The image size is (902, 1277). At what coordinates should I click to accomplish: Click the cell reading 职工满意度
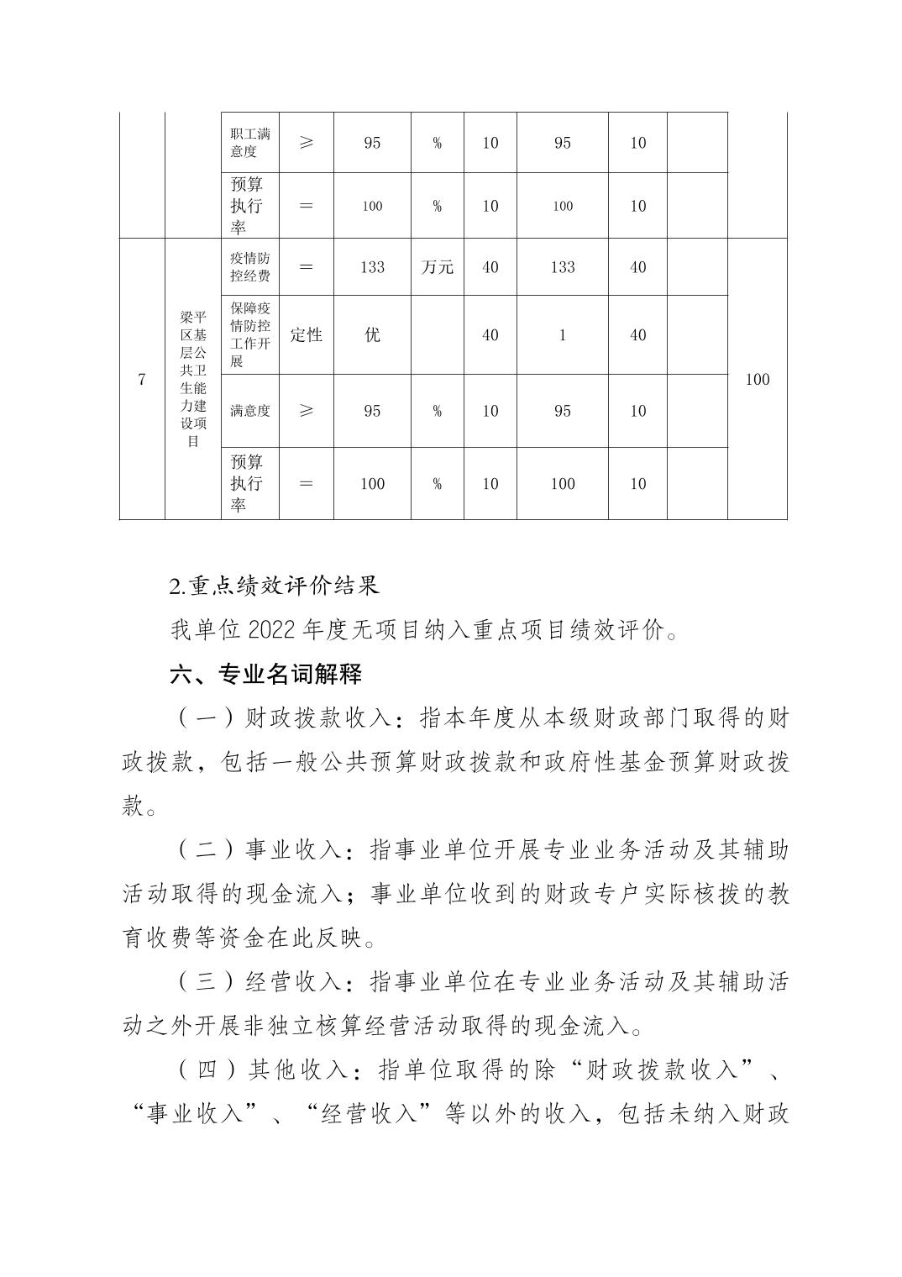249,143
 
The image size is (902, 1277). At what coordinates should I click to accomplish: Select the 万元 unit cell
437,267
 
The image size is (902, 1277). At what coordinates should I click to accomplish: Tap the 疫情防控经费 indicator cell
249,267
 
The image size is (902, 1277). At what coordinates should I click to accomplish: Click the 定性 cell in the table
306,335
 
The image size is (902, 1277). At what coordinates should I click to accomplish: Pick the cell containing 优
372,335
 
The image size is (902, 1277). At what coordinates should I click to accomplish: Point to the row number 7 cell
142,380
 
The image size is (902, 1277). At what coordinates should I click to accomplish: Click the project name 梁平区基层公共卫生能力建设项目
193,379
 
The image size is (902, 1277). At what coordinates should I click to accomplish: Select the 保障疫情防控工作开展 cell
249,335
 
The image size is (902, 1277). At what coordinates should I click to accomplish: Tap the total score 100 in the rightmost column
757,380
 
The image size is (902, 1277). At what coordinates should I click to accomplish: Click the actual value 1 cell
562,335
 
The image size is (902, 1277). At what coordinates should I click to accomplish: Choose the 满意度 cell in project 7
249,411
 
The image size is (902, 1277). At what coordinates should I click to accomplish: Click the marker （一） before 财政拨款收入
206,718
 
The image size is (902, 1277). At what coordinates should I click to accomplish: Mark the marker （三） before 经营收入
206,980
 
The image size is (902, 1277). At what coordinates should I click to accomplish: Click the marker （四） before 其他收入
206,1069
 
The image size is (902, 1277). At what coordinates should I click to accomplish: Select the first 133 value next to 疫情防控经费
372,267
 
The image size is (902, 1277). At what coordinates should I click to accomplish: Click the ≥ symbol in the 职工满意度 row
306,143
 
